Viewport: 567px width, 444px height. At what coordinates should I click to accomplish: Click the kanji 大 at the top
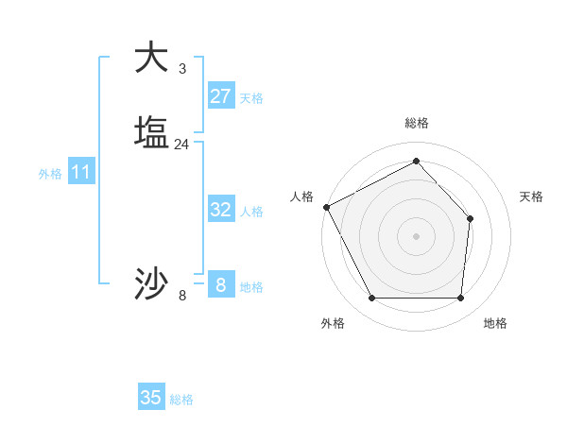click(151, 57)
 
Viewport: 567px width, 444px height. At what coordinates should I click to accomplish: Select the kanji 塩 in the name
click(151, 131)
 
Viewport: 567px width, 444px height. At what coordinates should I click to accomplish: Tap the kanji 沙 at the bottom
click(151, 282)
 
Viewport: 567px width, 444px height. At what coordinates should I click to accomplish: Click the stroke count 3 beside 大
click(182, 68)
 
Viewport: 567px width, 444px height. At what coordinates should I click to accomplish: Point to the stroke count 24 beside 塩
click(182, 144)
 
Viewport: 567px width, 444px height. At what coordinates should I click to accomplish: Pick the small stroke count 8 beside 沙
click(182, 296)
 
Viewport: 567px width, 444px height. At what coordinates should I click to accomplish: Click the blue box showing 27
click(221, 96)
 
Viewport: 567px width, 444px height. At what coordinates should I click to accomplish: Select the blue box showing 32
click(221, 210)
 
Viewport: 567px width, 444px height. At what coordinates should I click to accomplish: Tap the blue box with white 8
click(221, 285)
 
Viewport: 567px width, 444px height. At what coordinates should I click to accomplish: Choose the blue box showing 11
click(81, 172)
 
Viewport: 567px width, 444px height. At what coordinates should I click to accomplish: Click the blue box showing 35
click(151, 398)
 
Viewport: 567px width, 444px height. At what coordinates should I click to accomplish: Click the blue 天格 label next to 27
click(251, 98)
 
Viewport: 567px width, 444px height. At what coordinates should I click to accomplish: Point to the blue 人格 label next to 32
click(251, 212)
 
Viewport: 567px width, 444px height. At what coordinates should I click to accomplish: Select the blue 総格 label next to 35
click(181, 400)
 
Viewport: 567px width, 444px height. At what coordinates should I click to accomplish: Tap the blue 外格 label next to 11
click(50, 174)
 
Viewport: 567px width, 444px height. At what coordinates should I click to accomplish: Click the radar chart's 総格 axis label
click(417, 123)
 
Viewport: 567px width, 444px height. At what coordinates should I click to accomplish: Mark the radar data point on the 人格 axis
click(326, 207)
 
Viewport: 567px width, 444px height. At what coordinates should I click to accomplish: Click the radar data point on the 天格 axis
click(471, 219)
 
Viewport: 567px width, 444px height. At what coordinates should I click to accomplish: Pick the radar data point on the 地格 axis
click(461, 299)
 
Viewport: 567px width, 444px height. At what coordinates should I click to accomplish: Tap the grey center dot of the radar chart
click(417, 235)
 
